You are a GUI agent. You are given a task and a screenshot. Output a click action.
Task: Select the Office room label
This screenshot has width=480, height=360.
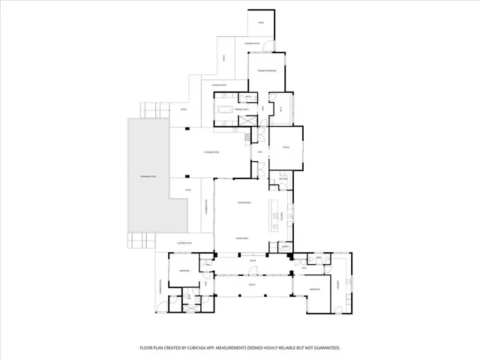tap(286, 148)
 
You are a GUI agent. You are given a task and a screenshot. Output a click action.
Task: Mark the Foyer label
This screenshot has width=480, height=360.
tap(242, 261)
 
